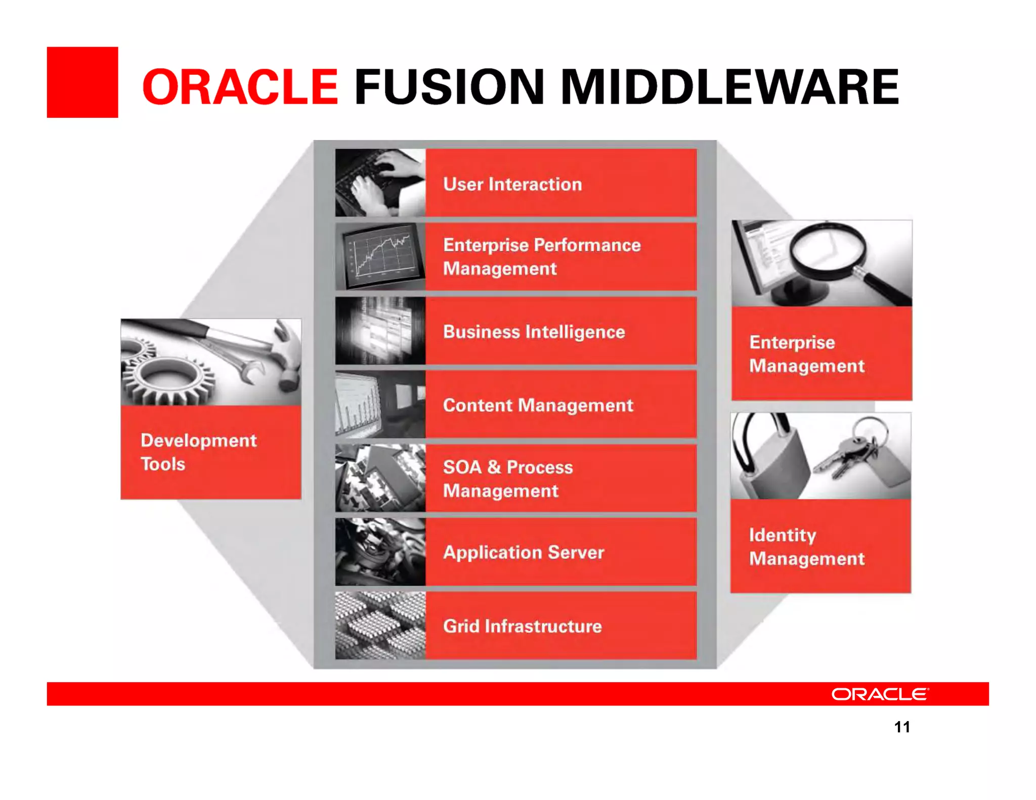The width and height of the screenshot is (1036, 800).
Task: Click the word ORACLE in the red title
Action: [x=240, y=87]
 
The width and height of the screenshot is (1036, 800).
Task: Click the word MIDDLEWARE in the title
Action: [x=729, y=87]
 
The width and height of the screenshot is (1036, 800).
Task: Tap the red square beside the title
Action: [x=82, y=82]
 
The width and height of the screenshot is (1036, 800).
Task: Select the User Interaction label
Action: [x=512, y=184]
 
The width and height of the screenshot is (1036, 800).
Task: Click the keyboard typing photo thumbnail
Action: [x=380, y=183]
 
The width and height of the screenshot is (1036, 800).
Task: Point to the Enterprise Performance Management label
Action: [x=541, y=256]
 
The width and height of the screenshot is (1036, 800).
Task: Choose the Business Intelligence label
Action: [x=534, y=332]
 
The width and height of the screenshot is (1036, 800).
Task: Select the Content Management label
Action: [x=538, y=405]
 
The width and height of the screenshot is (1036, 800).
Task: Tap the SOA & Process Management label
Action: [x=507, y=478]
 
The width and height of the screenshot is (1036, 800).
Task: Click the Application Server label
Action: [x=523, y=552]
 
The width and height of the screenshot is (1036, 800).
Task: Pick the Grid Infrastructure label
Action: [x=522, y=626]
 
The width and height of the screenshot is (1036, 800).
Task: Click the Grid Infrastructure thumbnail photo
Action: [x=380, y=626]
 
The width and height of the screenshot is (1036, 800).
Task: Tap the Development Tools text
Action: [x=198, y=452]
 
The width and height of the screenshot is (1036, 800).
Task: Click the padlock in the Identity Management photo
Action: [x=774, y=465]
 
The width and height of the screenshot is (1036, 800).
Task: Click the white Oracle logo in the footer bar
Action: [x=880, y=694]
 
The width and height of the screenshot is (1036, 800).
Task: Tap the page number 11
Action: [x=902, y=727]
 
